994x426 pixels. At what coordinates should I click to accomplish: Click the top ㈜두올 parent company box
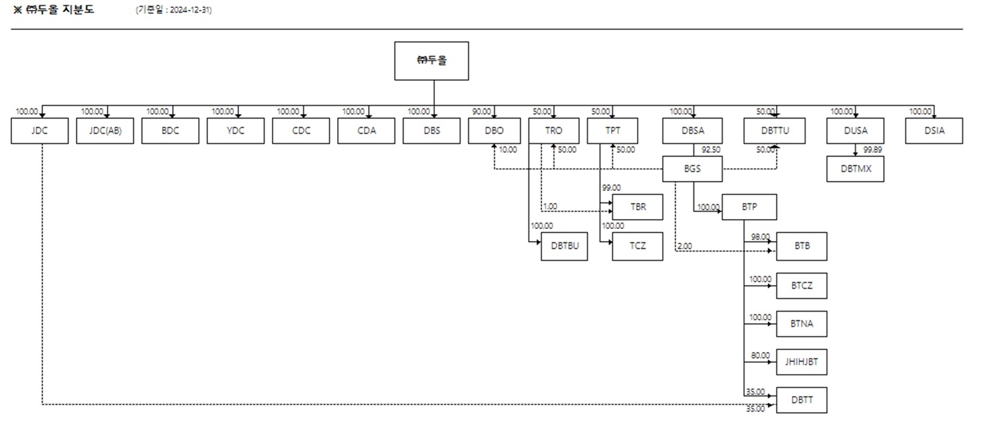click(432, 61)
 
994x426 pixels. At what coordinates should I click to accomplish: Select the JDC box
click(40, 130)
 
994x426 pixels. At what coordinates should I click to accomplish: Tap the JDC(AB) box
click(105, 130)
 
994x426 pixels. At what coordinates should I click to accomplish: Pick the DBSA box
click(693, 130)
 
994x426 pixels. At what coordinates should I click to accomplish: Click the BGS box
click(693, 169)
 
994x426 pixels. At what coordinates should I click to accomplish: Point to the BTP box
click(749, 207)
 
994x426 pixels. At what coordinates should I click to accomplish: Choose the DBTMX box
click(855, 169)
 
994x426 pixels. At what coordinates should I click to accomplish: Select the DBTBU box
click(564, 246)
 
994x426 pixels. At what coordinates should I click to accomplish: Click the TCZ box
click(638, 246)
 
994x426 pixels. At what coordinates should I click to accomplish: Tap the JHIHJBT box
click(802, 362)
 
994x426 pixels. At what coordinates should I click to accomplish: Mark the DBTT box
click(802, 400)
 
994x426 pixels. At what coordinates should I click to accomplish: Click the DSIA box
click(934, 130)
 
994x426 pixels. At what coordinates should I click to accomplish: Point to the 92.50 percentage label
click(711, 150)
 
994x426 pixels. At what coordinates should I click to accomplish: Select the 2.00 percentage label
click(685, 247)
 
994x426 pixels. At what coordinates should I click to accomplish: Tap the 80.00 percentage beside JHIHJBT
click(761, 356)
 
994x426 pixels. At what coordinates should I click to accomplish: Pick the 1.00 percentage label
click(551, 207)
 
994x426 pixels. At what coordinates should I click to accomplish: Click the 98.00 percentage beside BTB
click(761, 237)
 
